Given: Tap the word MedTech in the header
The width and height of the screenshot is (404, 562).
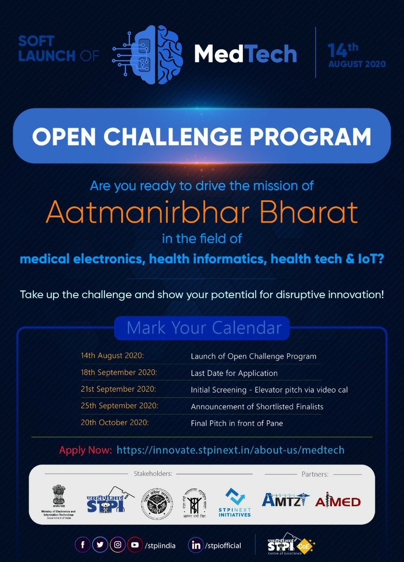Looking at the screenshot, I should [245, 54].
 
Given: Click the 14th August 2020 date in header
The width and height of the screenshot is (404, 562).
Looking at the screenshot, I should [357, 55].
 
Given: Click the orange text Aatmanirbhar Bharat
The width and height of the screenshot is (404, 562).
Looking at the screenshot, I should [202, 213].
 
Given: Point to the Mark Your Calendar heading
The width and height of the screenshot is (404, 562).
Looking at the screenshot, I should [202, 328].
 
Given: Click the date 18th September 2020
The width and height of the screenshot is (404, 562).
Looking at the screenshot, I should [119, 373].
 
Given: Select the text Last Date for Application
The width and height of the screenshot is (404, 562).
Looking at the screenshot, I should [234, 373].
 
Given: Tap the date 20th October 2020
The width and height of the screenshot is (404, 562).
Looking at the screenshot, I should [115, 422].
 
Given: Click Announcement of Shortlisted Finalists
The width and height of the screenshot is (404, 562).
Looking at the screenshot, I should [257, 407].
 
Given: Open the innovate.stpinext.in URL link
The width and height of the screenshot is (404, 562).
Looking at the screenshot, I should [230, 450].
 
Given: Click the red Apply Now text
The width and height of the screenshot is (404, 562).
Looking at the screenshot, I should [85, 450].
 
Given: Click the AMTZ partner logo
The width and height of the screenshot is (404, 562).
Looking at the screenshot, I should [284, 500].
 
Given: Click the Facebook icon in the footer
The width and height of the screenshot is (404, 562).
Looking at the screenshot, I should [83, 545].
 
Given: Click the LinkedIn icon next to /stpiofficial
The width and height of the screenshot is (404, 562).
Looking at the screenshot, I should [196, 545].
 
